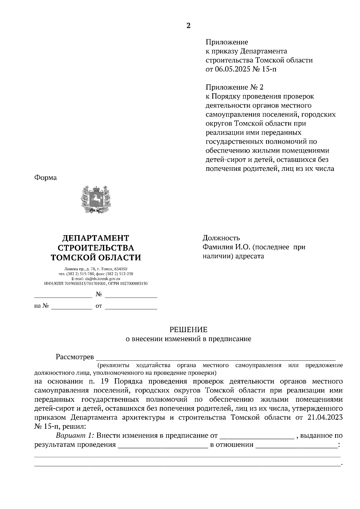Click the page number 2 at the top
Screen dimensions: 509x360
188,25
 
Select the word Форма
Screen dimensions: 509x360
46,178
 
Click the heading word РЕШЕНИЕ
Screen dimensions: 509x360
188,330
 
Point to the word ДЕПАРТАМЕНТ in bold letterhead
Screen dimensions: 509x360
96,238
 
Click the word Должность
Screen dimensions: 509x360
221,238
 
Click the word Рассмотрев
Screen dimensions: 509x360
75,357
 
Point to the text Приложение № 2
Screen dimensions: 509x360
234,87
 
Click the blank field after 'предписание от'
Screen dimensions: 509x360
256,436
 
